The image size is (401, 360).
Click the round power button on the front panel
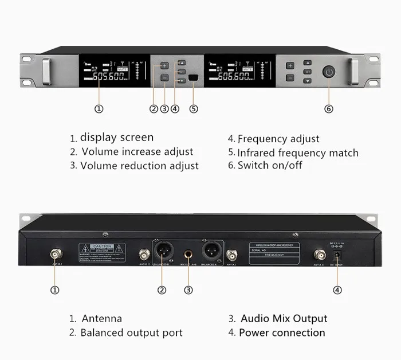329,72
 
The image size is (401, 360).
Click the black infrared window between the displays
193,78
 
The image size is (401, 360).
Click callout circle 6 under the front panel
329,108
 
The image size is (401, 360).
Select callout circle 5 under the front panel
194,109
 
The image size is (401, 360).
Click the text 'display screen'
117,138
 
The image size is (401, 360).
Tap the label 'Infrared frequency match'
298,152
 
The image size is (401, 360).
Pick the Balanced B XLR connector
162,252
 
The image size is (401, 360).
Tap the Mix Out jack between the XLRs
187,253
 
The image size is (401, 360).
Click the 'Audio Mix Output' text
284,319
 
